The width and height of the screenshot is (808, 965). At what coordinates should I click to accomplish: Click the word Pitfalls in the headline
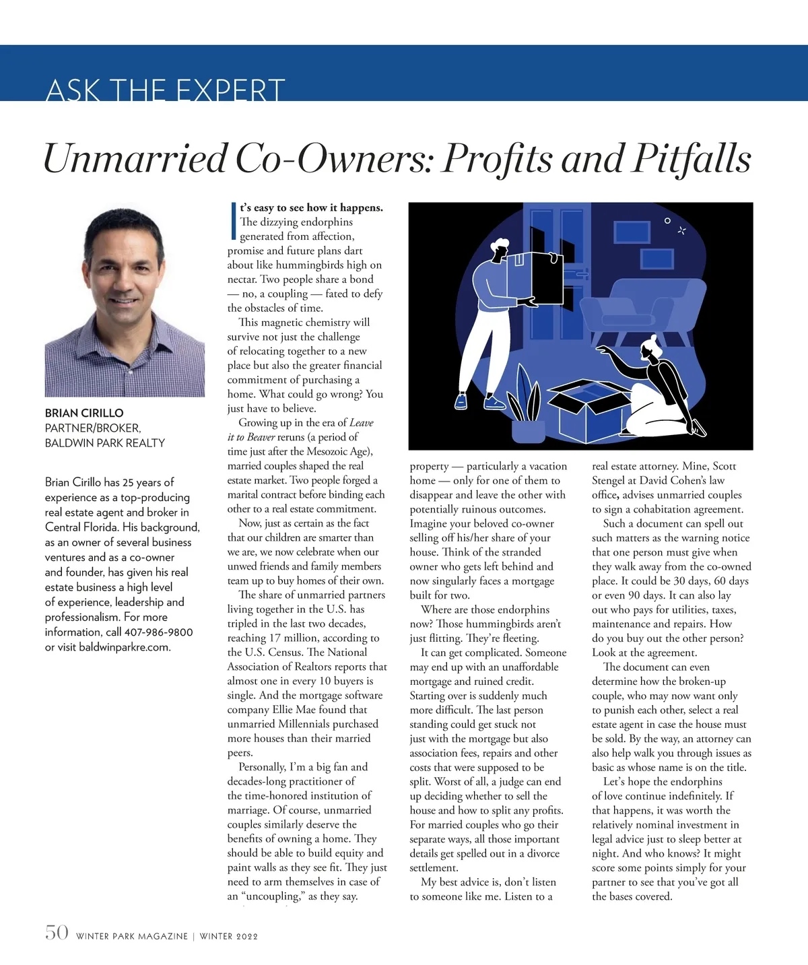click(691, 159)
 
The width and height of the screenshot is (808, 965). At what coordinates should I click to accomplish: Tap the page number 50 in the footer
click(57, 933)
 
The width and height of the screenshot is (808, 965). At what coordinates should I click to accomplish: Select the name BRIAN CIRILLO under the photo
click(84, 413)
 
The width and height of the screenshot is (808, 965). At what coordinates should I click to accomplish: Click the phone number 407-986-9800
click(158, 632)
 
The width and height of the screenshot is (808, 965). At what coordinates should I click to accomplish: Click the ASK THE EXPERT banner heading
click(165, 90)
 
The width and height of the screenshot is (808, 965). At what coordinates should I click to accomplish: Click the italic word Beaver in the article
click(261, 437)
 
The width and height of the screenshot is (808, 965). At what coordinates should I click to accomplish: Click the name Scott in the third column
click(724, 466)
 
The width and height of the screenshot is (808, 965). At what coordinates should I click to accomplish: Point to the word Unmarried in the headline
click(135, 159)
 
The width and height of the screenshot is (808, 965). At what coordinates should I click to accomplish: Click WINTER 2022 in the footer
click(229, 936)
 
